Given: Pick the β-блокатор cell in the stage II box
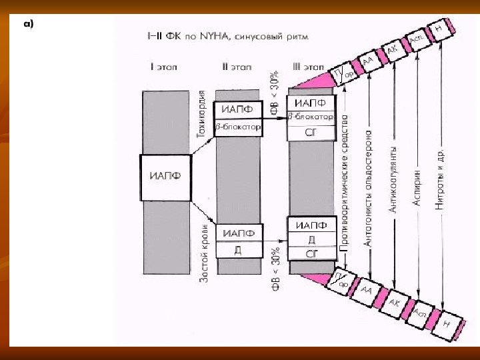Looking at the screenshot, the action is [x=237, y=127].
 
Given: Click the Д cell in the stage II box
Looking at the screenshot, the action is [x=237, y=251].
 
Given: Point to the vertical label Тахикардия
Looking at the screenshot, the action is [x=199, y=113].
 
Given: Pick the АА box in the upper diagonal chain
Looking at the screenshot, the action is [x=368, y=63].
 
